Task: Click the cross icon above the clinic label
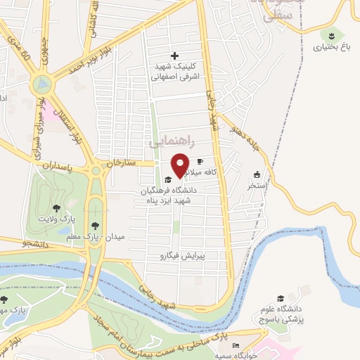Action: pos(175,56)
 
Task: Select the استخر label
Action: pos(257,186)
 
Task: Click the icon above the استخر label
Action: pos(257,175)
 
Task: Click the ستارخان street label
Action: pos(120,162)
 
